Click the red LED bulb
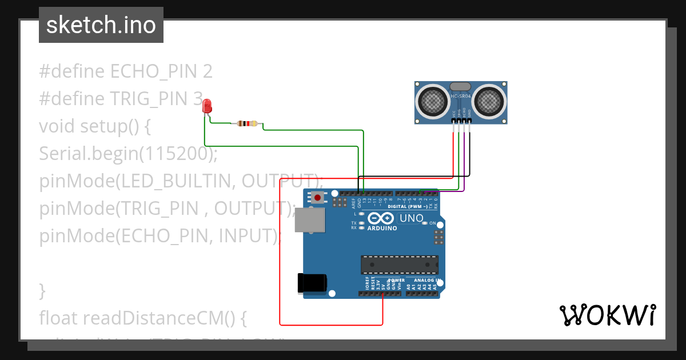[207, 105]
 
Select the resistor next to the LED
[247, 123]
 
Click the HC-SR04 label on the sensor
[461, 97]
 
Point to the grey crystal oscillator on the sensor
[461, 86]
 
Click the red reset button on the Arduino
[317, 198]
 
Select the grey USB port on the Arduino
[309, 220]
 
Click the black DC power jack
[312, 283]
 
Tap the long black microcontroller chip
[399, 265]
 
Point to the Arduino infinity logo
[381, 218]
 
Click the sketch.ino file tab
[101, 25]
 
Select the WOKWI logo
[607, 315]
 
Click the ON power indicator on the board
[432, 223]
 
